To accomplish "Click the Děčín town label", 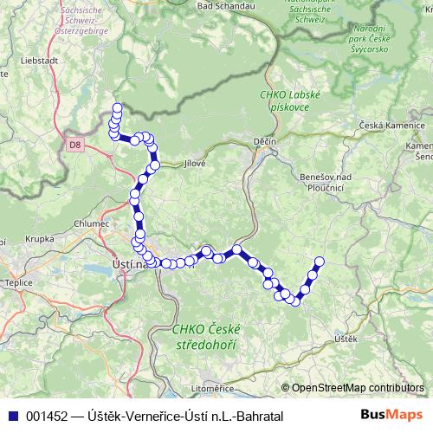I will coord(265,141).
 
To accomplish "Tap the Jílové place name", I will coord(196,162).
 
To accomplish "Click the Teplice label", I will coord(18,282).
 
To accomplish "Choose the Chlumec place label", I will coord(93,223).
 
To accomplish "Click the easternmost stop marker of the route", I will coord(319,261).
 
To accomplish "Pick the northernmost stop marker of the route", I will coord(117,108).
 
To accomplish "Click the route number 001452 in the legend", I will coord(48,416).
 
